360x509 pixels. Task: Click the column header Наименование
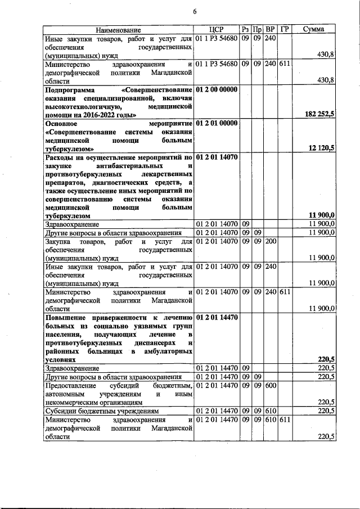tap(118, 29)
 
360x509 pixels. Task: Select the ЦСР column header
tap(216, 29)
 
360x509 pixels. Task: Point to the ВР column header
tap(271, 29)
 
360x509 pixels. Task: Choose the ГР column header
tap(285, 29)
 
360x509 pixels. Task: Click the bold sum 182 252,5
tap(319, 114)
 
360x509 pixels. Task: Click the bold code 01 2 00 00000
tap(217, 89)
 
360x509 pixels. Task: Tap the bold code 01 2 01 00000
tap(217, 123)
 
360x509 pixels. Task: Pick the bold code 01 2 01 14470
tap(217, 318)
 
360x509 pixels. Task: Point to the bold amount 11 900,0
tap(322, 215)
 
